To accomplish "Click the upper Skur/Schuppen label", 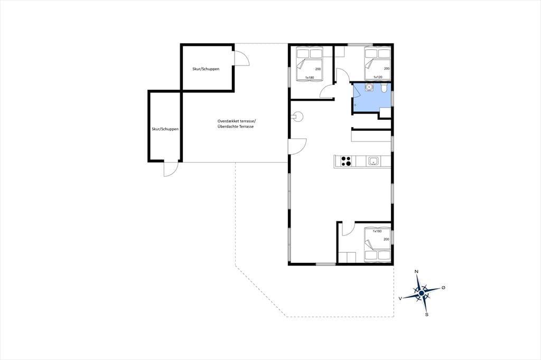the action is tap(206, 69).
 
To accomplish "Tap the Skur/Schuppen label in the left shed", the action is tap(165, 129).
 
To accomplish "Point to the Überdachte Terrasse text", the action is tap(236, 127).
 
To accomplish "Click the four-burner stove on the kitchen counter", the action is tap(346, 161).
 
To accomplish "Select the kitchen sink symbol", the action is tap(374, 161).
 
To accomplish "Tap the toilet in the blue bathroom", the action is tap(384, 88).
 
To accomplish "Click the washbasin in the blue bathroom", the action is tap(369, 87).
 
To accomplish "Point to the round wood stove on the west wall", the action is tap(297, 117).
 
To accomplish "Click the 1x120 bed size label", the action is tap(378, 77).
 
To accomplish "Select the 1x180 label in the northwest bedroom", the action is tap(310, 78).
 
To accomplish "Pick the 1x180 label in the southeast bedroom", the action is tap(377, 231).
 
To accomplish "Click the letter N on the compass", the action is tap(416, 272).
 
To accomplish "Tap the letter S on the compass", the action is tap(427, 315).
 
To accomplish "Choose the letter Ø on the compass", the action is tap(443, 287).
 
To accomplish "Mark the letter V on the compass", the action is tap(400, 299).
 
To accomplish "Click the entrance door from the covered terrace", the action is tap(297, 147).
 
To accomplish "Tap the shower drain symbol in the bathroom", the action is tap(355, 105).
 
